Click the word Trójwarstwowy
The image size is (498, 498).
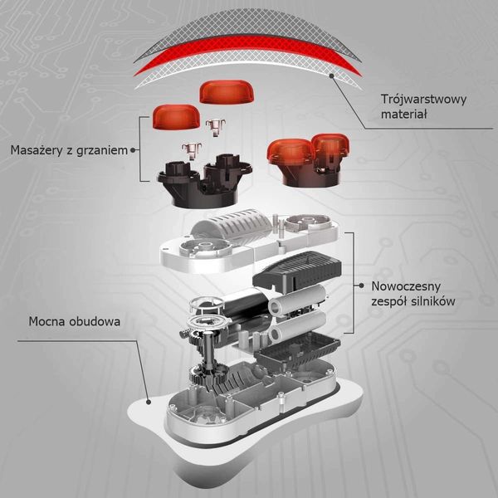click(x=423, y=100)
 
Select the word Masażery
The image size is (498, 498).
click(x=36, y=150)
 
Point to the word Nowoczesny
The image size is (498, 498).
click(x=406, y=286)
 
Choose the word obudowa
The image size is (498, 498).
click(x=95, y=321)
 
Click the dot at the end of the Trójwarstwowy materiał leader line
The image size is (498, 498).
click(x=331, y=76)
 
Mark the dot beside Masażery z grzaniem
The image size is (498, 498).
click(x=133, y=150)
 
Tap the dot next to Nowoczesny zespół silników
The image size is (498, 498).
click(x=361, y=286)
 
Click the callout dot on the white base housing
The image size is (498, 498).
click(x=149, y=402)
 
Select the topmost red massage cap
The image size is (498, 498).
click(x=226, y=92)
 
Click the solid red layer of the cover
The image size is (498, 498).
click(x=247, y=52)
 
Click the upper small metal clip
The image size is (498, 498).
click(x=216, y=127)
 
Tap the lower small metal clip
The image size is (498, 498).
click(x=192, y=151)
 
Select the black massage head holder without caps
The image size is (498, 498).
click(x=204, y=181)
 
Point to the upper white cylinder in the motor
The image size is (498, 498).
click(x=297, y=300)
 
